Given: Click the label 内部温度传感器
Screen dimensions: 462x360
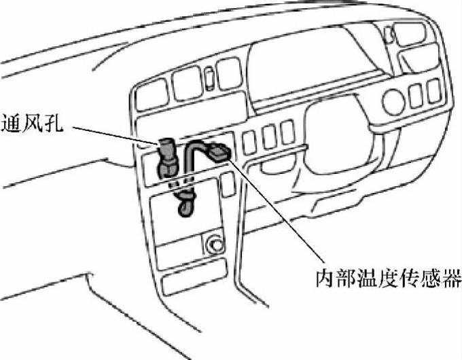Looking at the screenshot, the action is coord(389,278).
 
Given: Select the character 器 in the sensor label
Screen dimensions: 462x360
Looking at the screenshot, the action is coord(452,278).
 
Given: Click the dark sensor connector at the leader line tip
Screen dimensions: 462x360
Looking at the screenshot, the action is coord(218,152).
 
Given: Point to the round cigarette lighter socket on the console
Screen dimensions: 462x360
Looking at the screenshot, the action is coord(215,241).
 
